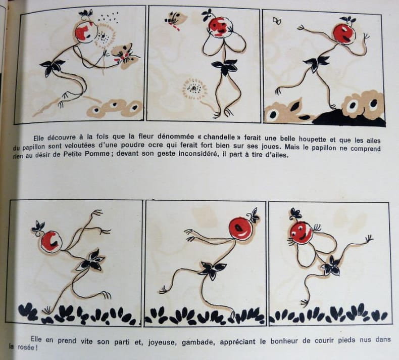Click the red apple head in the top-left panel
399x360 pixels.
[86, 32]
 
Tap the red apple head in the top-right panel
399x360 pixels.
[344, 34]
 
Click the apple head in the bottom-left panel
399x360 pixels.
[51, 241]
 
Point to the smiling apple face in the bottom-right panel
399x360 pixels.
[302, 233]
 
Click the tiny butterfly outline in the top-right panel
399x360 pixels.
[277, 21]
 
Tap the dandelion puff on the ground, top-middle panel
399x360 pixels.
[195, 88]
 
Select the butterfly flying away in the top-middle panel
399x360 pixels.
[176, 20]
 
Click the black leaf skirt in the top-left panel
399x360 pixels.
[53, 67]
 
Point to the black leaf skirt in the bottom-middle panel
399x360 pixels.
[213, 269]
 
